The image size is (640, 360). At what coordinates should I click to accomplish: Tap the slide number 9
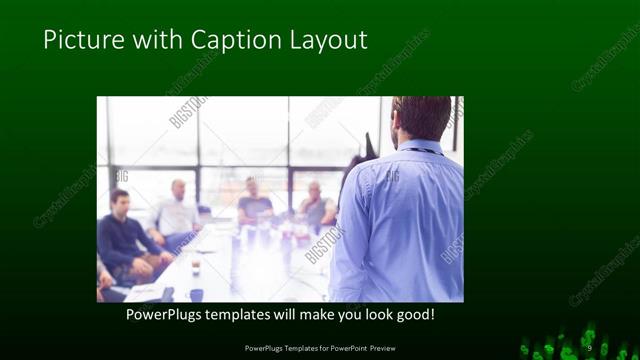click(x=590, y=347)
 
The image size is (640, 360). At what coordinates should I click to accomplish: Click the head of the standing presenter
click(x=421, y=117)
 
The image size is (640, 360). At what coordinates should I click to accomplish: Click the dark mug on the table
click(x=196, y=294)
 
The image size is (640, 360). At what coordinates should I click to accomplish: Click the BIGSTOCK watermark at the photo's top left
click(x=187, y=113)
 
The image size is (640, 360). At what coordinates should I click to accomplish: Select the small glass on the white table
click(x=195, y=266)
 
